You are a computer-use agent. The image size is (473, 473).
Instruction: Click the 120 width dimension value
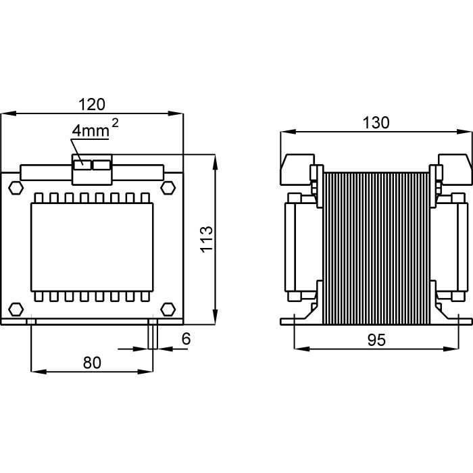coord(92,104)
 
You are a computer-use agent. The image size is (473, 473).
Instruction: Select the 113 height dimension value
coord(207,239)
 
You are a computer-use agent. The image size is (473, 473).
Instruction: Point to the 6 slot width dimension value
coord(186,340)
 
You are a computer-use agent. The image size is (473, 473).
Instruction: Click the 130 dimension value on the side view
coord(376,122)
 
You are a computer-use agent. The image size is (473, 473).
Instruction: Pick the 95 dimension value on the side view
coord(376,341)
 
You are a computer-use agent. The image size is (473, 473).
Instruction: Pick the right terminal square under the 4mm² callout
coord(101,164)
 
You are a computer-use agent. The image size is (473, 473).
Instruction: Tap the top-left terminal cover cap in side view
coord(295,168)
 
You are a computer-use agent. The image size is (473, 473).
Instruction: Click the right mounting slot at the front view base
coord(153,334)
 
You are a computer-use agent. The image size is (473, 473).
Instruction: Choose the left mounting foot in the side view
coord(300,320)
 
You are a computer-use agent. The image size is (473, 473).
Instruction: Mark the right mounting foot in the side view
coord(451,320)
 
